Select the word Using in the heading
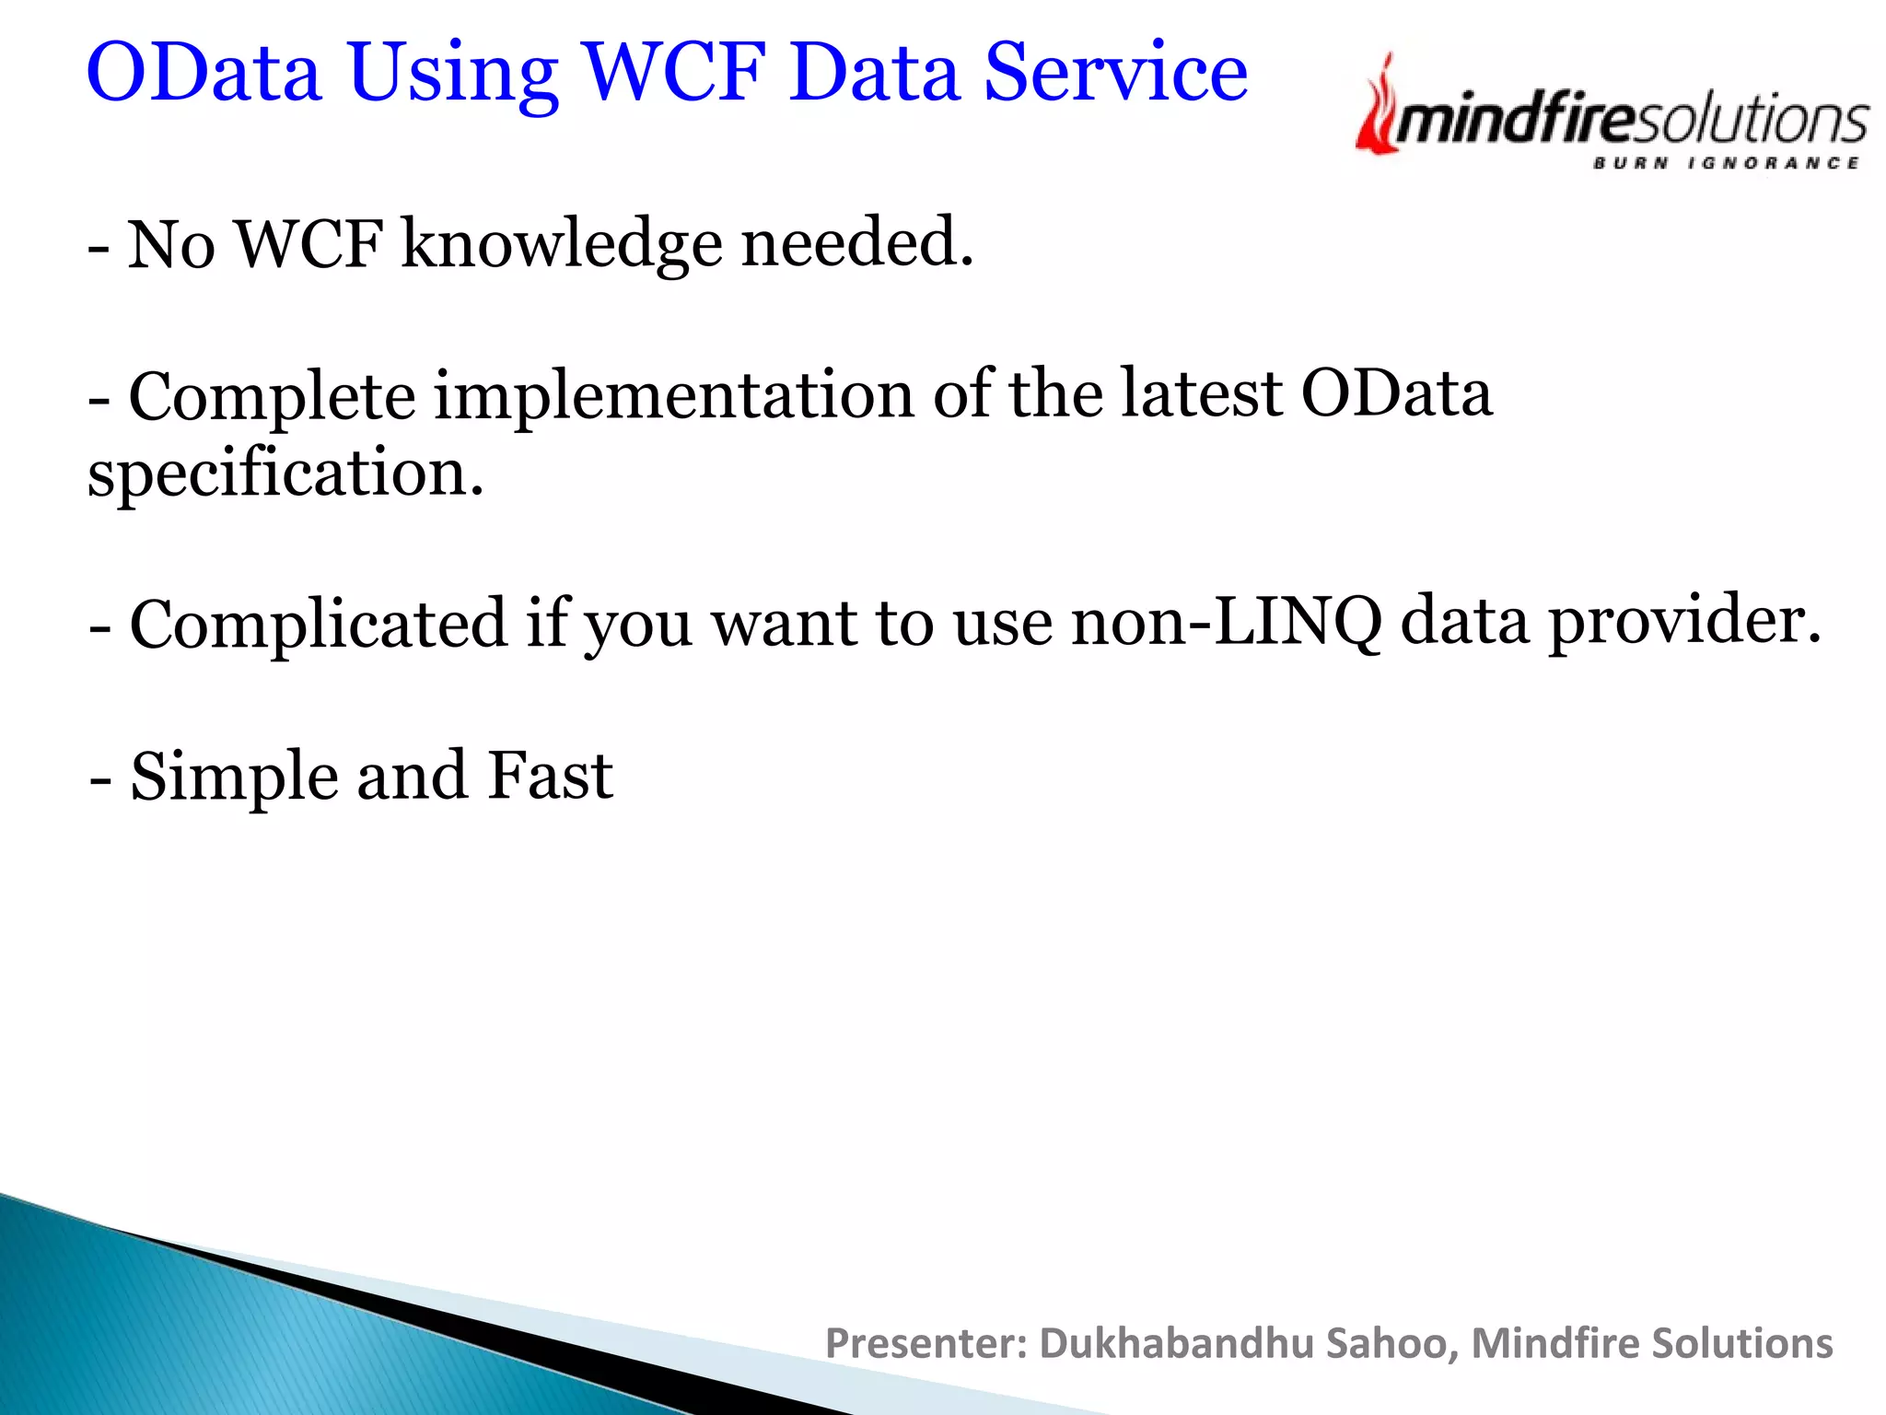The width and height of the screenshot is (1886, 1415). (x=453, y=74)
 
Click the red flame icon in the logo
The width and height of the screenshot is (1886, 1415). (x=1377, y=106)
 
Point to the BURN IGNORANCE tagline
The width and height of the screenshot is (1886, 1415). (x=1726, y=164)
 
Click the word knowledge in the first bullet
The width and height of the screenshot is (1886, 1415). (x=562, y=244)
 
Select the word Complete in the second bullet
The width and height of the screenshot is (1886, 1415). (x=272, y=396)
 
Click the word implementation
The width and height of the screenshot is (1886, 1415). (x=674, y=396)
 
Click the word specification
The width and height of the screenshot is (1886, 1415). (x=285, y=473)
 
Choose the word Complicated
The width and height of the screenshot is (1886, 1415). (x=318, y=623)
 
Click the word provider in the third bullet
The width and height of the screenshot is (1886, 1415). (x=1684, y=623)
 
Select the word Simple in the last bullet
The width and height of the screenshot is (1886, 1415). (x=234, y=776)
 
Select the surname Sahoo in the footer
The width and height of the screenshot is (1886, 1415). (x=1392, y=1343)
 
